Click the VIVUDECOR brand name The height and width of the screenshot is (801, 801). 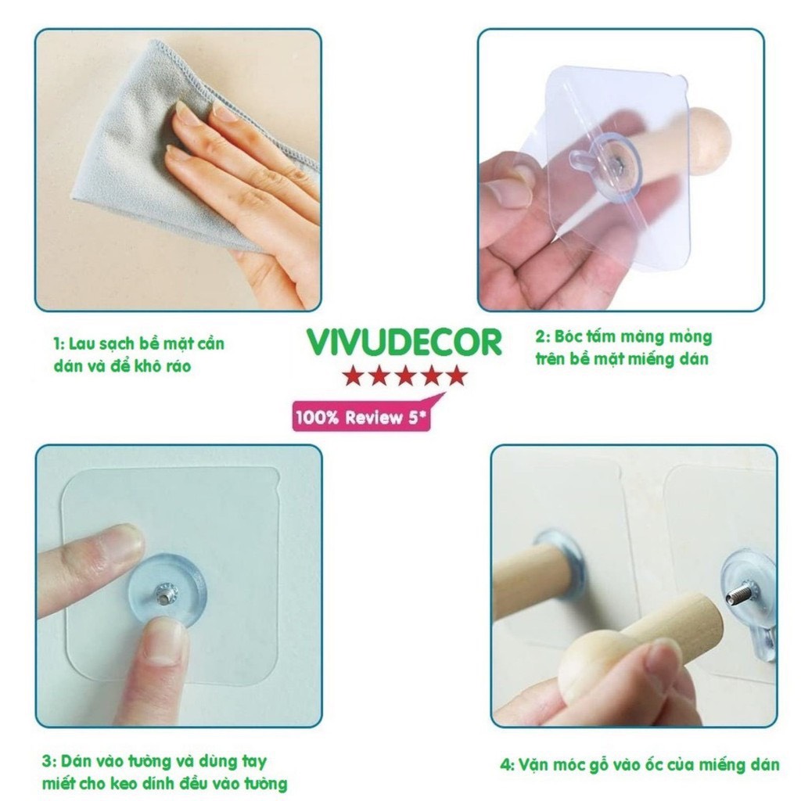pyautogui.click(x=404, y=343)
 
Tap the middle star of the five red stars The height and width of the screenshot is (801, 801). pyautogui.click(x=405, y=375)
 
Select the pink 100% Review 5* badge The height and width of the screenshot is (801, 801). pyautogui.click(x=361, y=417)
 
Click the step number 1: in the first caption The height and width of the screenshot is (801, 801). pyautogui.click(x=59, y=344)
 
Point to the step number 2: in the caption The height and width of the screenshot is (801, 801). pyautogui.click(x=543, y=337)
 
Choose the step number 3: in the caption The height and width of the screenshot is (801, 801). pyautogui.click(x=49, y=761)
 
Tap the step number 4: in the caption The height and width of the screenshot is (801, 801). pyautogui.click(x=507, y=765)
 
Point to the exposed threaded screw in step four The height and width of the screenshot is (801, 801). pyautogui.click(x=739, y=593)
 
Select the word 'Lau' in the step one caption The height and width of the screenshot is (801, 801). pyautogui.click(x=81, y=344)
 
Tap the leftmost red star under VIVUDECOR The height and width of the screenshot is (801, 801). pyautogui.click(x=353, y=375)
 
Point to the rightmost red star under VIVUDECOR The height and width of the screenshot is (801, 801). pyautogui.click(x=457, y=375)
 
